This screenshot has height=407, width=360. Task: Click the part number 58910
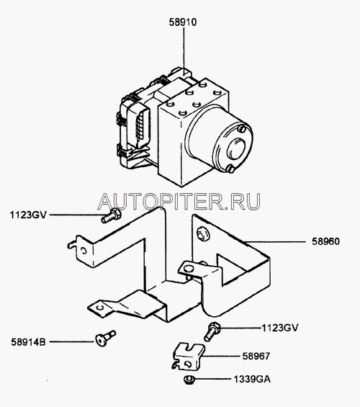183,22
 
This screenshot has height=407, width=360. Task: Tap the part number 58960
325,241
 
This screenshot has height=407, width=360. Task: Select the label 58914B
28,342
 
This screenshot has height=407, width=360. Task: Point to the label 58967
256,356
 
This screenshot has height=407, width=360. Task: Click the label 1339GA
252,379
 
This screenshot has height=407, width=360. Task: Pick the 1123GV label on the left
28,215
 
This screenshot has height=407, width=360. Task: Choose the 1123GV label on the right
280,328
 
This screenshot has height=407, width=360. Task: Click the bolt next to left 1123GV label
112,215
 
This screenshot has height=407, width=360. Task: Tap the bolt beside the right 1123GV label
212,331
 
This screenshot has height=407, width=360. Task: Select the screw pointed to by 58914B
105,339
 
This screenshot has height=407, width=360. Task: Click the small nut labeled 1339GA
189,380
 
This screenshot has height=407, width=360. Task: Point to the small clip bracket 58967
189,356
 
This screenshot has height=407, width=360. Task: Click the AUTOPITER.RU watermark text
179,202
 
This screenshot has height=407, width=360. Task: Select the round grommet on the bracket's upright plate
203,234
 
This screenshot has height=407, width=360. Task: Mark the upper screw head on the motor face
242,129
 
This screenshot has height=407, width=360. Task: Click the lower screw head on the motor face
230,169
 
